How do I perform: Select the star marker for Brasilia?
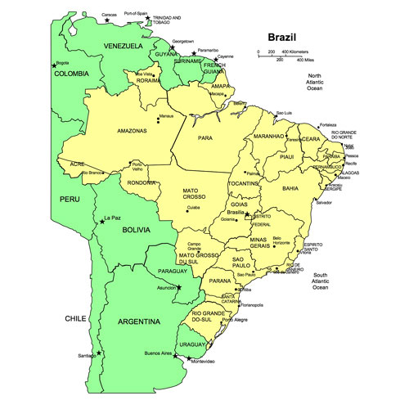click(247, 213)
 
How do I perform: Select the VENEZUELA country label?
click(123, 47)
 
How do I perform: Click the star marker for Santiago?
click(100, 353)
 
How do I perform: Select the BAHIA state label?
click(290, 188)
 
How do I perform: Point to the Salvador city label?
click(324, 202)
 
